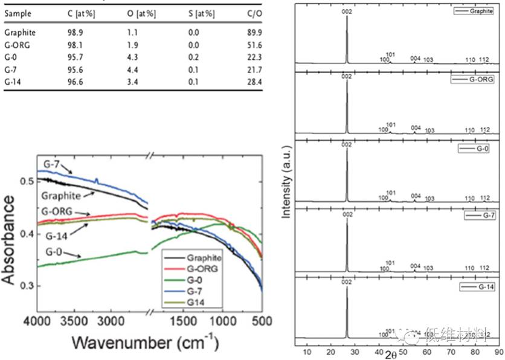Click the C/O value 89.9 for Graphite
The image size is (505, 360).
click(x=254, y=33)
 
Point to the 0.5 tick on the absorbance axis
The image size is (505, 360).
click(x=24, y=181)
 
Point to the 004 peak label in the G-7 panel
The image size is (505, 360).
click(x=415, y=266)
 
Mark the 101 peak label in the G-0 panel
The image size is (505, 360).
click(x=390, y=193)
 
